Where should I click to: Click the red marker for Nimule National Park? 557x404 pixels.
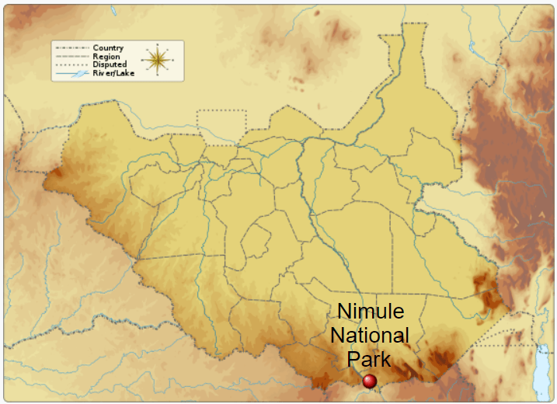tap(370, 381)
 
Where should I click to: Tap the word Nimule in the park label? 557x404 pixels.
tap(371, 312)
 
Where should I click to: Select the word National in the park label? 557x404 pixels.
tap(370, 336)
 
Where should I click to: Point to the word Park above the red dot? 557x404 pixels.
tap(369, 360)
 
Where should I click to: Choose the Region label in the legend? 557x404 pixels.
tap(106, 57)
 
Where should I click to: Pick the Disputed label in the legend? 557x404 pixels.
tap(109, 65)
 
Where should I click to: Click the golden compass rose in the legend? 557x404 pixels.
tap(157, 60)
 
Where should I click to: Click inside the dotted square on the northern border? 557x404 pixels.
tap(221, 127)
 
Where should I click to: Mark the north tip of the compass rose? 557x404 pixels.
tap(157, 45)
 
